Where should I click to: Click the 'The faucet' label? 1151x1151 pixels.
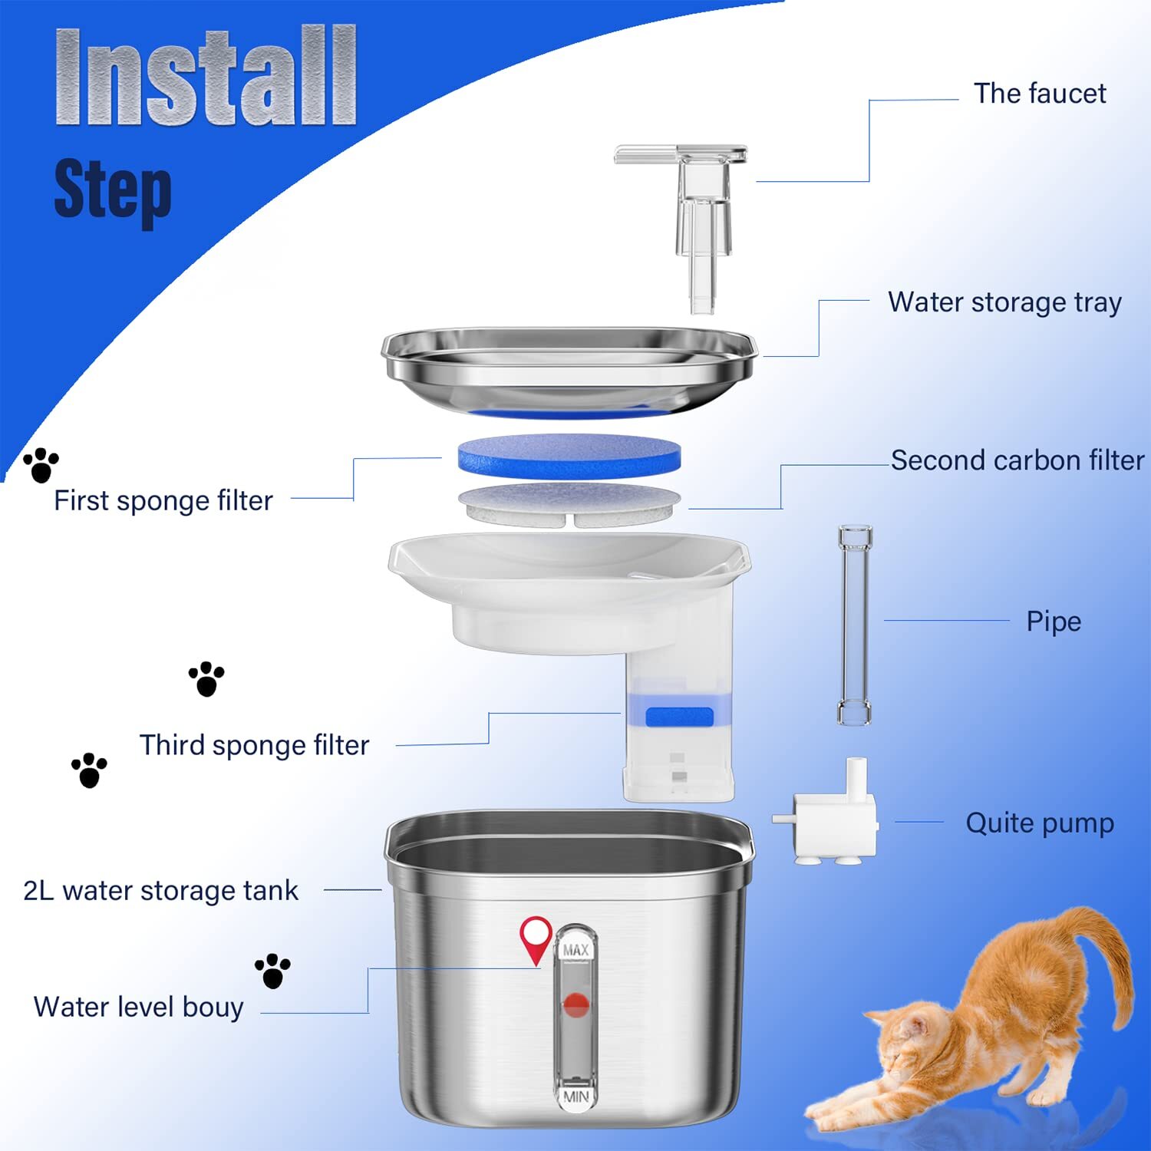tap(1039, 94)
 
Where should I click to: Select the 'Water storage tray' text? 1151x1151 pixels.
tap(1004, 302)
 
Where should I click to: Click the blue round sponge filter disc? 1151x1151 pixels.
tap(569, 456)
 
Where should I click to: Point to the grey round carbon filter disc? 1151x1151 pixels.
tap(569, 503)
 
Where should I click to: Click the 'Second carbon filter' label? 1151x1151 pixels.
tap(1017, 460)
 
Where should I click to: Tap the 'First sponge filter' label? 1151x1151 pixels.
tap(163, 501)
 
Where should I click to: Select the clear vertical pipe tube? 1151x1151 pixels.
tap(855, 625)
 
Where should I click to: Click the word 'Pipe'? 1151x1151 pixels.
tap(1053, 622)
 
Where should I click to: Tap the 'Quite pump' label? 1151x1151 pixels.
tap(1039, 823)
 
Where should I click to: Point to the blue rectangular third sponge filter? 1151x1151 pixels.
tap(679, 717)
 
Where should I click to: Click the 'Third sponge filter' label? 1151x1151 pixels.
tap(254, 745)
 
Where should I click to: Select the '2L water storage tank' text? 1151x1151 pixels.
tap(160, 891)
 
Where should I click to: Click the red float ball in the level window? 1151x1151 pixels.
tap(575, 1004)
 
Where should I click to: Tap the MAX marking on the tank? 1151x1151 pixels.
tap(575, 951)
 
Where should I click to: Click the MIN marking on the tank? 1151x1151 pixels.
tap(575, 1097)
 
